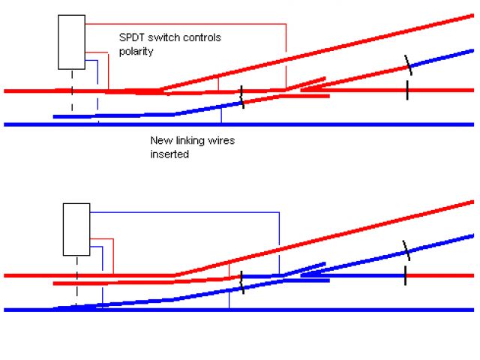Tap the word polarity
click(136, 52)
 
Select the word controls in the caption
click(200, 37)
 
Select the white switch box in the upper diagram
click(72, 42)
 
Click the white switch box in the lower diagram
click(76, 229)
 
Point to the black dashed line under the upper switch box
click(72, 94)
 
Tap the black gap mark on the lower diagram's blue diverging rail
click(405, 249)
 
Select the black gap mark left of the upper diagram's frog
click(241, 96)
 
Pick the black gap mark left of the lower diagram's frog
click(241, 282)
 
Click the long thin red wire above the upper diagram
click(187, 24)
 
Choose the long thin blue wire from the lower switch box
click(187, 211)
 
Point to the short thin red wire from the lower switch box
click(112, 255)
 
